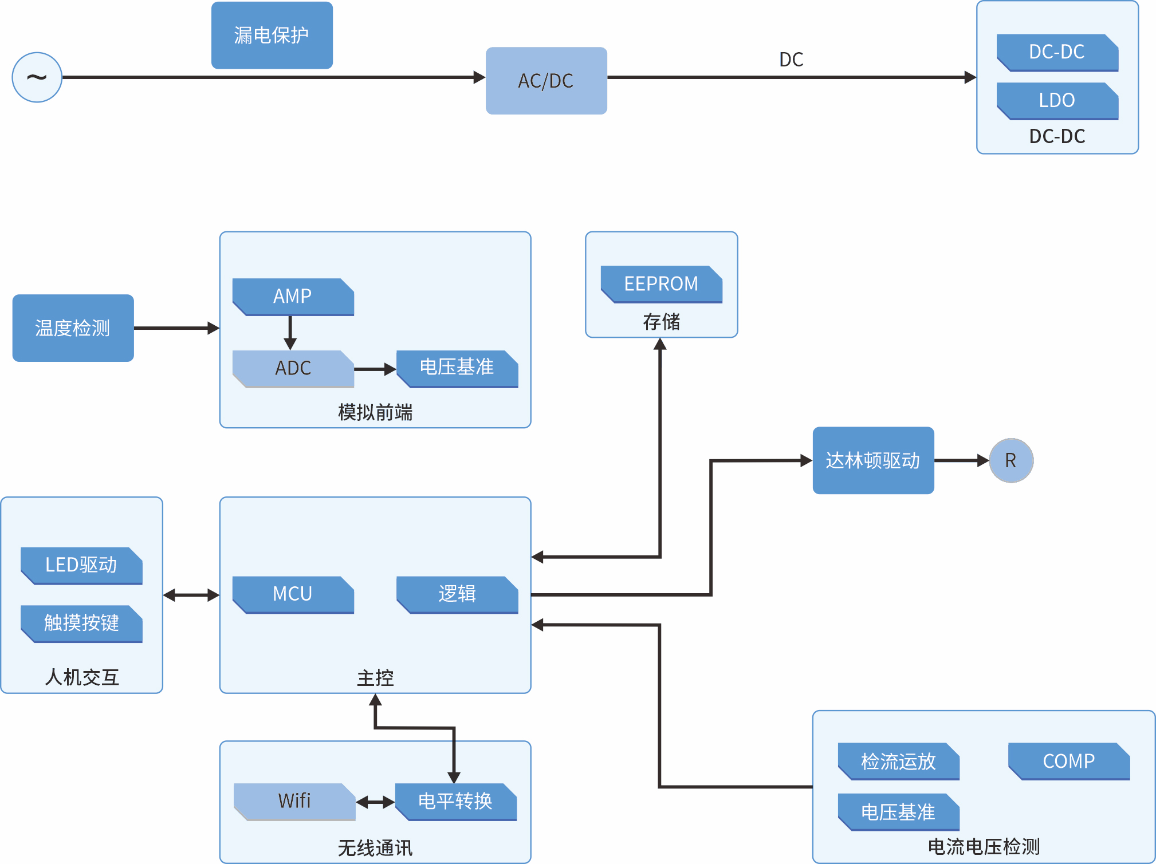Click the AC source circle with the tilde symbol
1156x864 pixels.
37,77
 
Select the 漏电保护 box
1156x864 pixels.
272,35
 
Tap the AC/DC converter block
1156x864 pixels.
546,81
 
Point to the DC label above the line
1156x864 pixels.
791,60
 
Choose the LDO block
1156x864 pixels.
1057,101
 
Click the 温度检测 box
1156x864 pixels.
73,328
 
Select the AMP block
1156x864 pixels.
293,297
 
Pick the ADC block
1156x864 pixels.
293,369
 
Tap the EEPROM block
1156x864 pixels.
662,284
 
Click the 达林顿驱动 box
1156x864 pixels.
874,460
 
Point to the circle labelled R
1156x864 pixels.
1011,460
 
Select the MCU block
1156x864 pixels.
293,594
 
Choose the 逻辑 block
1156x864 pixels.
457,594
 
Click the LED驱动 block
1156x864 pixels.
81,566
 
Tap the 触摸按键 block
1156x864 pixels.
81,624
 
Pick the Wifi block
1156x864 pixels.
294,802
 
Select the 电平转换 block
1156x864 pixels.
456,802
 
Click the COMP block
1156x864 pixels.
1069,762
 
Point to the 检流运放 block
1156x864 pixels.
899,762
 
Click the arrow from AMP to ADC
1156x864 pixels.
290,333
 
